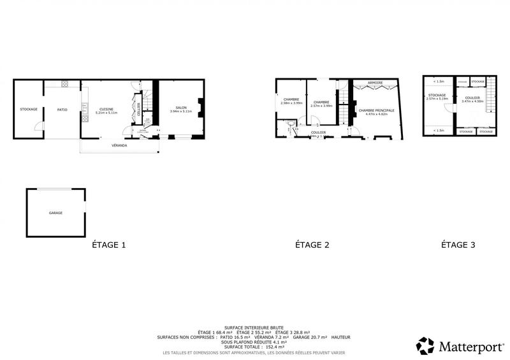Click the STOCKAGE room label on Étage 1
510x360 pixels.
tap(28, 109)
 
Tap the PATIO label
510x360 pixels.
tap(61, 109)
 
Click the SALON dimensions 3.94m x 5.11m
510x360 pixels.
tap(181, 112)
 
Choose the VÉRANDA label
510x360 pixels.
tap(119, 146)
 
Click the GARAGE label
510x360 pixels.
tap(55, 213)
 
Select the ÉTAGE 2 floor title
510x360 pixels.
tap(312, 245)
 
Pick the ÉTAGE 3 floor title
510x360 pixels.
tap(458, 245)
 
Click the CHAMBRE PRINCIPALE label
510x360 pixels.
tap(376, 110)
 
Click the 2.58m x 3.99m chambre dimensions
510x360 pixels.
tap(291, 103)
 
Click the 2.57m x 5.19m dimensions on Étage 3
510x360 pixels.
tap(437, 99)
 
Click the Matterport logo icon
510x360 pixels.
tap(425, 345)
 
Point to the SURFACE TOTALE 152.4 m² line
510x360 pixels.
tap(254, 347)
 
